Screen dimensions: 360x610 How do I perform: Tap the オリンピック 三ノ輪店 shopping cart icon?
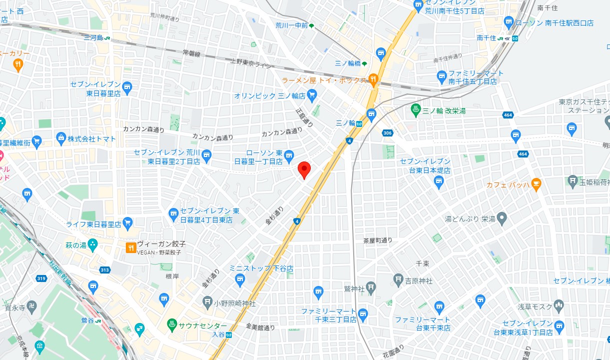(x=312, y=94)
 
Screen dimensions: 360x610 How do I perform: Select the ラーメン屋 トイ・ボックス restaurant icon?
(x=373, y=78)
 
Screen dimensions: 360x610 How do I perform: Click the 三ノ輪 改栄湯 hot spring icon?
(x=415, y=108)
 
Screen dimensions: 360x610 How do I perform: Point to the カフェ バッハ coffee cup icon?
(x=536, y=184)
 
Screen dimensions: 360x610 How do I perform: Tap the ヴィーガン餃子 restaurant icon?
(x=130, y=247)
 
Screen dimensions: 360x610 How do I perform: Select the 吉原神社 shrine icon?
(x=398, y=279)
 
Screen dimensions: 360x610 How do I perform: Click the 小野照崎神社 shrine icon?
(x=208, y=302)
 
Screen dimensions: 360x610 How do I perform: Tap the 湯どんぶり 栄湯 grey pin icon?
(x=502, y=218)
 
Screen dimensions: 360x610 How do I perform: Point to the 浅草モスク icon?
(x=559, y=305)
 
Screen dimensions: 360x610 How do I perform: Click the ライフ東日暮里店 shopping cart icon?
(x=127, y=223)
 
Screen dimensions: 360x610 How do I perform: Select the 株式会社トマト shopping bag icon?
(x=61, y=137)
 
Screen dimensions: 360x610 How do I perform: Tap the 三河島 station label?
(x=92, y=37)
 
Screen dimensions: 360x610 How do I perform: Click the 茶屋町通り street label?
(x=378, y=240)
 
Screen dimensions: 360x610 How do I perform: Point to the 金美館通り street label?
(x=260, y=327)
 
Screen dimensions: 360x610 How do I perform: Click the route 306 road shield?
(x=388, y=133)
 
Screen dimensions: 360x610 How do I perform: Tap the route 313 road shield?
(x=104, y=270)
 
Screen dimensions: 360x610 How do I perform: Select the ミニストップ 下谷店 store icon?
(x=240, y=278)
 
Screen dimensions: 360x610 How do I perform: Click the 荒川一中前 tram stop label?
(x=292, y=25)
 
